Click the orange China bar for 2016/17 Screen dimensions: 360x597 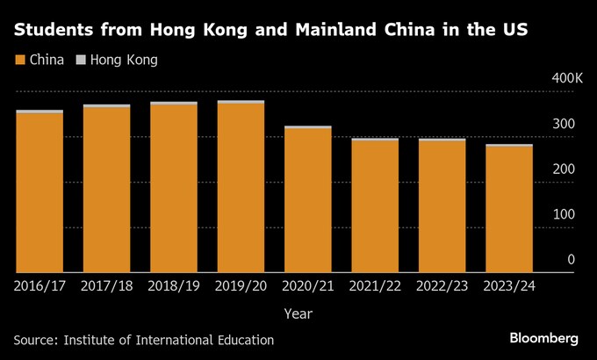tap(40, 193)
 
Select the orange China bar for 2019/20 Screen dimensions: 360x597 tap(241, 189)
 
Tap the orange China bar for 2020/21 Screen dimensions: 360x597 tap(307, 201)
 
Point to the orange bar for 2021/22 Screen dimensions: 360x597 tap(374, 206)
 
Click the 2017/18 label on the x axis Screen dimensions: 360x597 tap(106, 285)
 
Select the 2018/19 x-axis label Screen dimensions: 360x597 tap(174, 285)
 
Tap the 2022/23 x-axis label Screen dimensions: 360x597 tap(442, 285)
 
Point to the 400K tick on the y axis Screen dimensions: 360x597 tap(566, 80)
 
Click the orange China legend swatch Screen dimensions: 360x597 tap(19, 61)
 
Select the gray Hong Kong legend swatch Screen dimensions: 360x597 tap(81, 61)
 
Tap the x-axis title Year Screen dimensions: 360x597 tap(298, 313)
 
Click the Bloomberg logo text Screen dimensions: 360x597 tap(544, 338)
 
